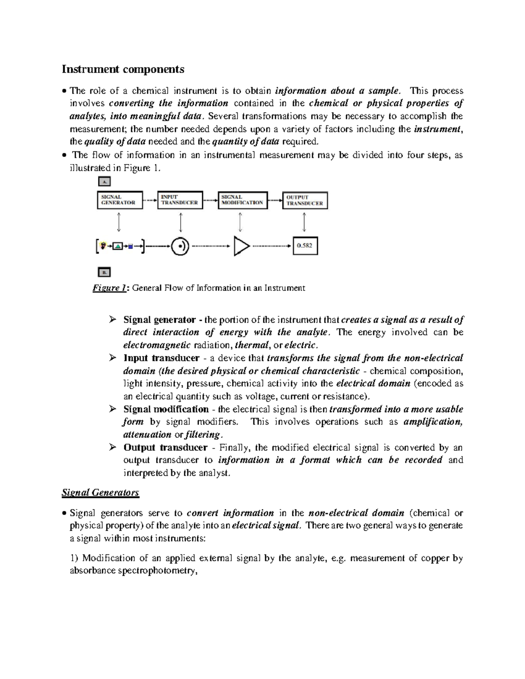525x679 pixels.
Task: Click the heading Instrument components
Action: coord(123,69)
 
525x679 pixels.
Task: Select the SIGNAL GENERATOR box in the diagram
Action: coord(119,200)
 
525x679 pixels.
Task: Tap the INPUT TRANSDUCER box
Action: coord(180,200)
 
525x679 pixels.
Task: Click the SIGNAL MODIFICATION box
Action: coord(242,200)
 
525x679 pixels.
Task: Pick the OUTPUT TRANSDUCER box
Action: coord(304,200)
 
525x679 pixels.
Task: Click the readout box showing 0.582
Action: coord(304,246)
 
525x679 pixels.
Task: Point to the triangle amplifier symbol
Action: coord(241,246)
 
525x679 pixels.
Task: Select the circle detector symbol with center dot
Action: coord(180,246)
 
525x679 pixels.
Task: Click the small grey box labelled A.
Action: coord(104,181)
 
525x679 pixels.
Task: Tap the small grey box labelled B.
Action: coord(104,272)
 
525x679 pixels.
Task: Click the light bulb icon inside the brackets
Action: coord(103,246)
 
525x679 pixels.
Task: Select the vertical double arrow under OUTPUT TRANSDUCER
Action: coord(304,222)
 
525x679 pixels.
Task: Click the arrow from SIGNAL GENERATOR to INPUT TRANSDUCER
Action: coord(150,200)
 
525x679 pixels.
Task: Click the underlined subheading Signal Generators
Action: coord(100,493)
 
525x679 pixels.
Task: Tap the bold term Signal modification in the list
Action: coord(166,409)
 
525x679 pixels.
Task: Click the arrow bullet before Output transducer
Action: coord(113,447)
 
